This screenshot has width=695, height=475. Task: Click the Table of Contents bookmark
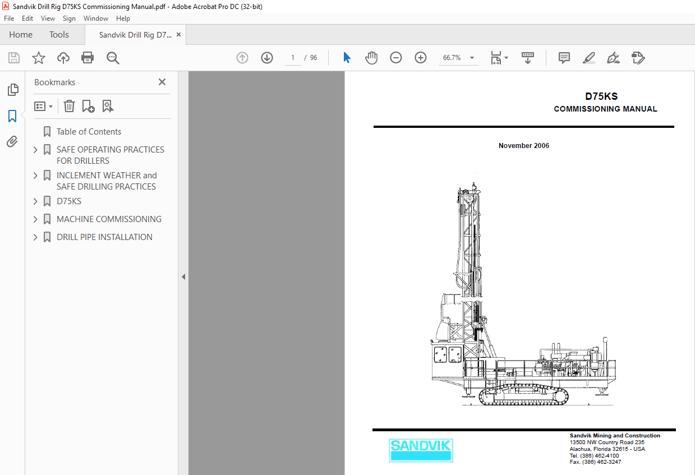(89, 132)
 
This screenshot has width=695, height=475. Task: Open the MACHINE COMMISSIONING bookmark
(109, 219)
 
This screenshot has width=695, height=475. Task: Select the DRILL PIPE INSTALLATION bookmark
(104, 237)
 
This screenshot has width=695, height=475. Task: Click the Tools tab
(59, 35)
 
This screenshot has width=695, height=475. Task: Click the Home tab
(21, 35)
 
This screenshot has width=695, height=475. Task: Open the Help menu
(123, 19)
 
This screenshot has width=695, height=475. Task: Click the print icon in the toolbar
(88, 58)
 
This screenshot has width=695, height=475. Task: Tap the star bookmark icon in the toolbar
(39, 58)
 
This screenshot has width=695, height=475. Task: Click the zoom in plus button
(421, 58)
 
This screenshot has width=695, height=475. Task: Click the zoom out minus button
(396, 58)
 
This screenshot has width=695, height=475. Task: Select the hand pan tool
(371, 58)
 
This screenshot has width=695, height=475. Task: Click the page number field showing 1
(292, 58)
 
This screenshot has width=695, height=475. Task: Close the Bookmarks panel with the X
(162, 82)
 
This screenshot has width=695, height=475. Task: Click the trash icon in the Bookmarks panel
(69, 106)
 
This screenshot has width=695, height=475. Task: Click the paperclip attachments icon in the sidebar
(12, 142)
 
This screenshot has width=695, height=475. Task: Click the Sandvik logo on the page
(421, 450)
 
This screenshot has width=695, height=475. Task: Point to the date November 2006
(524, 146)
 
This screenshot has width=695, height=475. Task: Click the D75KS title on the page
(601, 96)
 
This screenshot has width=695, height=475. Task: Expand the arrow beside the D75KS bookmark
(35, 201)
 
